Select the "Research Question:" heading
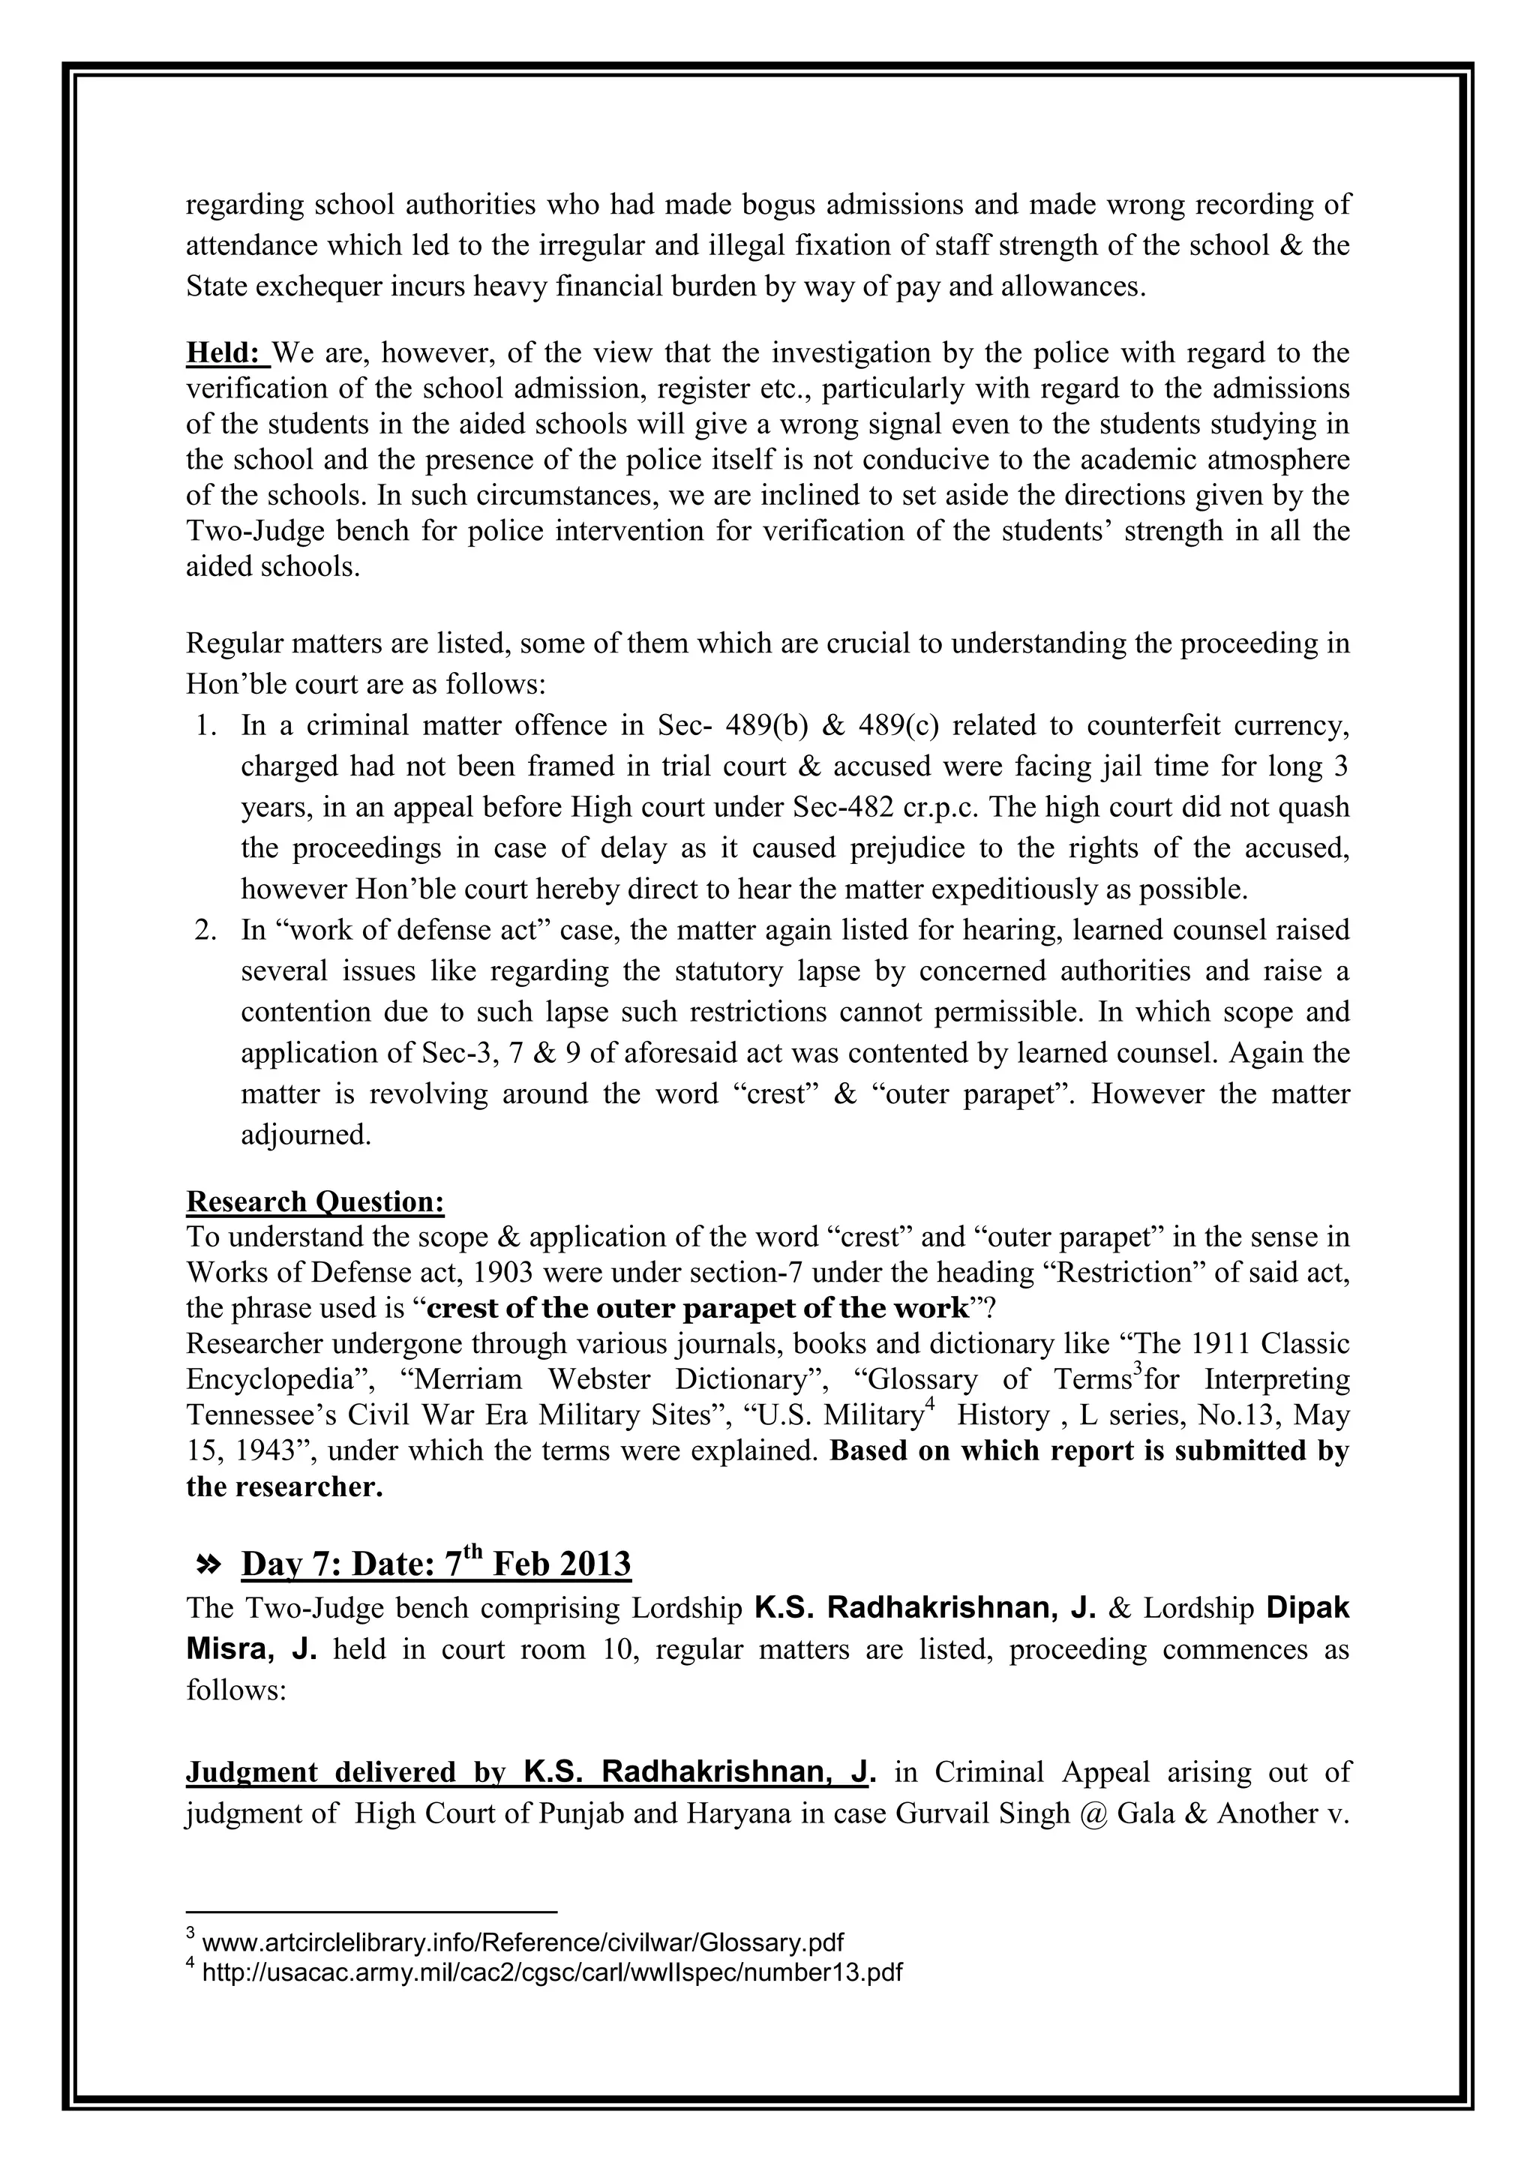pos(315,1201)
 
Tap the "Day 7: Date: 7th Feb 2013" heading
pos(436,1564)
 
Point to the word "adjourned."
pos(305,1135)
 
